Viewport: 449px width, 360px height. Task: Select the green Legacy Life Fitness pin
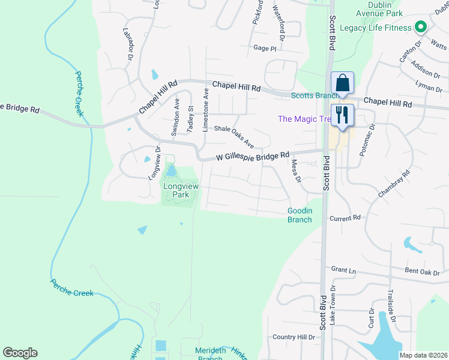coord(421,28)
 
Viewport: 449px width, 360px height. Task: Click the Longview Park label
coord(181,191)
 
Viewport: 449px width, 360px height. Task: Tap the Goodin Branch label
coord(300,215)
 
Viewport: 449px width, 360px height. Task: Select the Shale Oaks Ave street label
coord(235,137)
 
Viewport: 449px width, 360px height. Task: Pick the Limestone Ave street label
coord(205,110)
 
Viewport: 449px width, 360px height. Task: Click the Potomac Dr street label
coord(367,140)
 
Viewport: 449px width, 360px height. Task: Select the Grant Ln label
coord(343,271)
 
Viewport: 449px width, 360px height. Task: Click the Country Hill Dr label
coord(294,337)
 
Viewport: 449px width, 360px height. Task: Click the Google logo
coord(20,353)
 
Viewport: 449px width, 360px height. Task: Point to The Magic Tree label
coord(304,119)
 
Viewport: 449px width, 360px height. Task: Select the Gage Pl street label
coord(265,48)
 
